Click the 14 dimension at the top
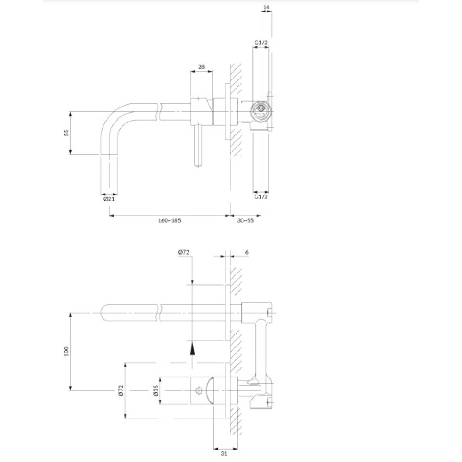tap(267, 7)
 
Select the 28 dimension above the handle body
tap(201, 67)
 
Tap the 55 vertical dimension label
tap(66, 133)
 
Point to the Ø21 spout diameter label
tap(109, 199)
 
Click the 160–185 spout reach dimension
tap(170, 220)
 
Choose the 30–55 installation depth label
tap(245, 220)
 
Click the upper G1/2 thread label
tap(261, 43)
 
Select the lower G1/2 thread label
tap(261, 196)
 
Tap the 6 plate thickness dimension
tap(247, 252)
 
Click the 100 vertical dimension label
tap(66, 351)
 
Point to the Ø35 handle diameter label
tap(156, 390)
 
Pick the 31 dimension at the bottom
tap(224, 454)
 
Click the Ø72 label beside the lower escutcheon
tap(121, 390)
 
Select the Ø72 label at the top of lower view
tap(183, 252)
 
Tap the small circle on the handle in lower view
tap(199, 391)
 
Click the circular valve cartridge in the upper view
tap(261, 109)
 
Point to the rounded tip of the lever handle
tap(198, 164)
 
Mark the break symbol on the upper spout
tap(158, 112)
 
